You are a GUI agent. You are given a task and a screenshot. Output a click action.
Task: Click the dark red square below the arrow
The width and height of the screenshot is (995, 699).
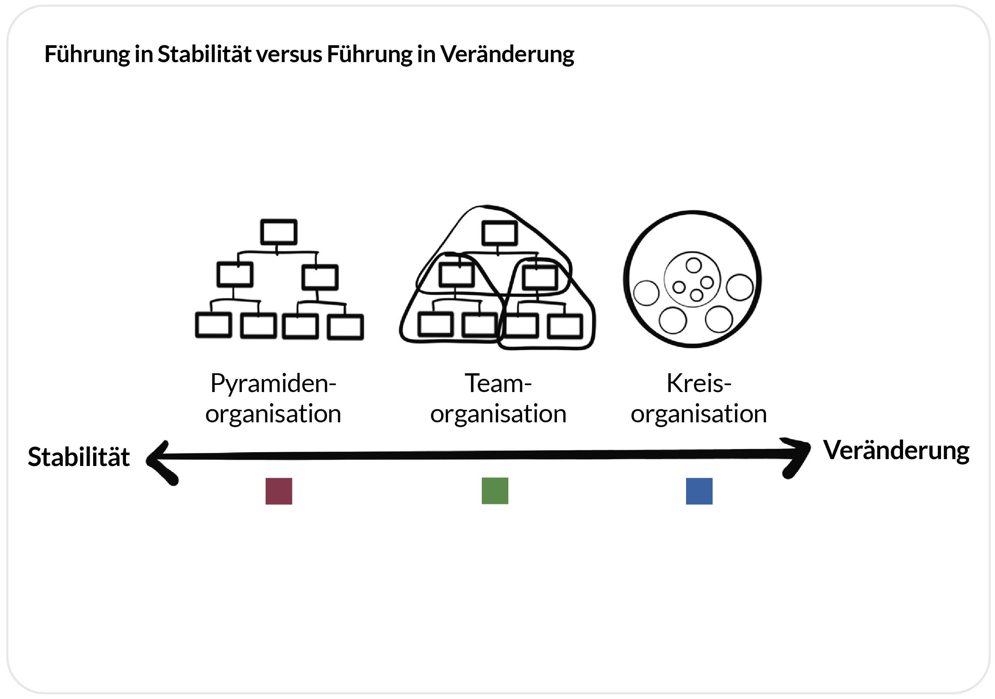279,491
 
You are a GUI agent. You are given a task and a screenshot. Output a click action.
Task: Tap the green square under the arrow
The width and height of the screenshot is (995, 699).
495,491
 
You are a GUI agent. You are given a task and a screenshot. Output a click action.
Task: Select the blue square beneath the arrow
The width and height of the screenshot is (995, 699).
699,491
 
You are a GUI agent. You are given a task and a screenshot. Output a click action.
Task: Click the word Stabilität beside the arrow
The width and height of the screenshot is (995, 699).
79,457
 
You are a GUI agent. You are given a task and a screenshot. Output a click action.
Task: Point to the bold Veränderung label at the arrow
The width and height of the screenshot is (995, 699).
896,451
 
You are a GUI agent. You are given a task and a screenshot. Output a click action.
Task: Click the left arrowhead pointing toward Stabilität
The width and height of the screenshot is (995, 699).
160,461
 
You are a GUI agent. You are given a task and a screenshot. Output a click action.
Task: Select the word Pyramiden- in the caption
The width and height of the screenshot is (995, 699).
273,384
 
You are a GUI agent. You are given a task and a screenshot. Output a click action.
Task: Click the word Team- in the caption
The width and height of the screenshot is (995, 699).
498,384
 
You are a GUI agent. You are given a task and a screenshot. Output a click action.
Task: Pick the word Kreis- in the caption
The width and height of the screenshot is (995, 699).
699,384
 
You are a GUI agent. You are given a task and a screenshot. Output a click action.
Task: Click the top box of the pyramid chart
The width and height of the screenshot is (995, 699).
279,232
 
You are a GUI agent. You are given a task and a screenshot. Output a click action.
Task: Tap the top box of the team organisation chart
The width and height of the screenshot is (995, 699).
499,233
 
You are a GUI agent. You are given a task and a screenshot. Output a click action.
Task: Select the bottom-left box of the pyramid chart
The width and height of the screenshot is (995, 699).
213,325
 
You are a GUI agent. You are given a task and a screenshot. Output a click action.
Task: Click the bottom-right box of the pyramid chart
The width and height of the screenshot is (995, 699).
345,327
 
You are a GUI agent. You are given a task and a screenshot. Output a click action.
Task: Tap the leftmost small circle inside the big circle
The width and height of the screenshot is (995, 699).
646,293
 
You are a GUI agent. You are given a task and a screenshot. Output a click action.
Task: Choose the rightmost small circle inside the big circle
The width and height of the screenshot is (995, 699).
740,287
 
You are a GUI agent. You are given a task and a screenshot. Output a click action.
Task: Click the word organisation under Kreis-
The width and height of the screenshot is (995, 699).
699,414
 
